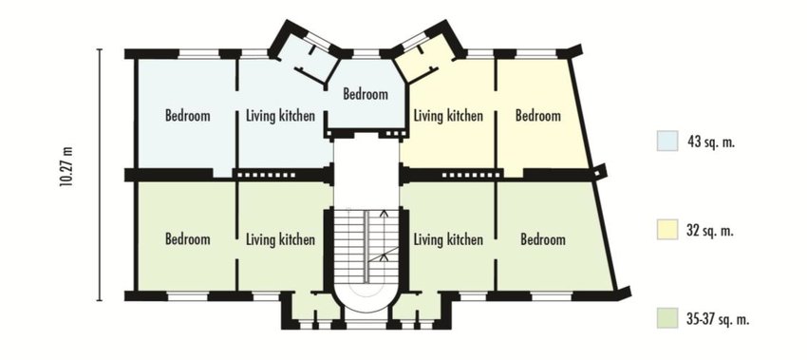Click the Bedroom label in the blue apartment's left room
pos(187,116)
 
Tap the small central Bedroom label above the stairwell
pos(366,94)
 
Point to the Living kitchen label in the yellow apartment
pos(449,116)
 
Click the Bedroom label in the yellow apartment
pos(537,116)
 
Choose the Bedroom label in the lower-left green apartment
pos(187,239)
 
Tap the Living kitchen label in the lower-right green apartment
pos(449,239)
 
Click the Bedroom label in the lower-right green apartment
pos(543,239)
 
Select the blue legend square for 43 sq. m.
pos(668,141)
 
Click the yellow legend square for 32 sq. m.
pos(668,230)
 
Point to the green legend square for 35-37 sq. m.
pos(668,318)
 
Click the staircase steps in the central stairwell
pos(358,242)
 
